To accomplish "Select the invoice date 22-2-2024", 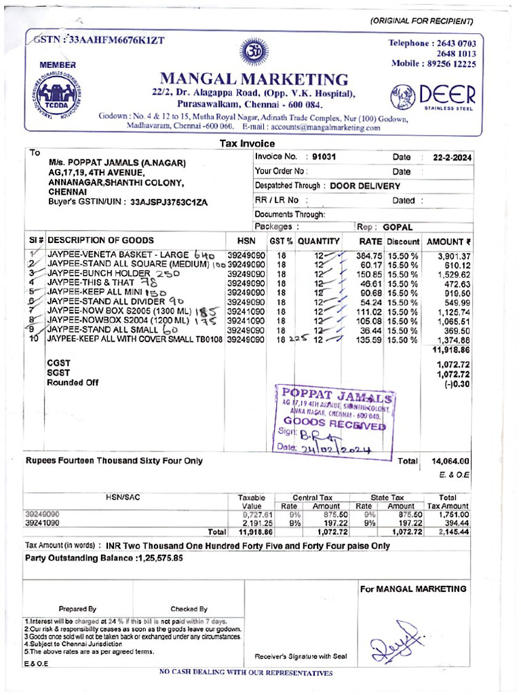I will coord(448,157).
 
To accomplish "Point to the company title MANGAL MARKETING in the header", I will coord(254,79).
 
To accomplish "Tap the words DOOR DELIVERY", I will coord(365,185).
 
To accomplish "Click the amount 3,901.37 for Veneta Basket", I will coord(450,255).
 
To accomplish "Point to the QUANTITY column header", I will coord(318,241).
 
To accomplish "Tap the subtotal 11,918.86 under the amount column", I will coord(450,350).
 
